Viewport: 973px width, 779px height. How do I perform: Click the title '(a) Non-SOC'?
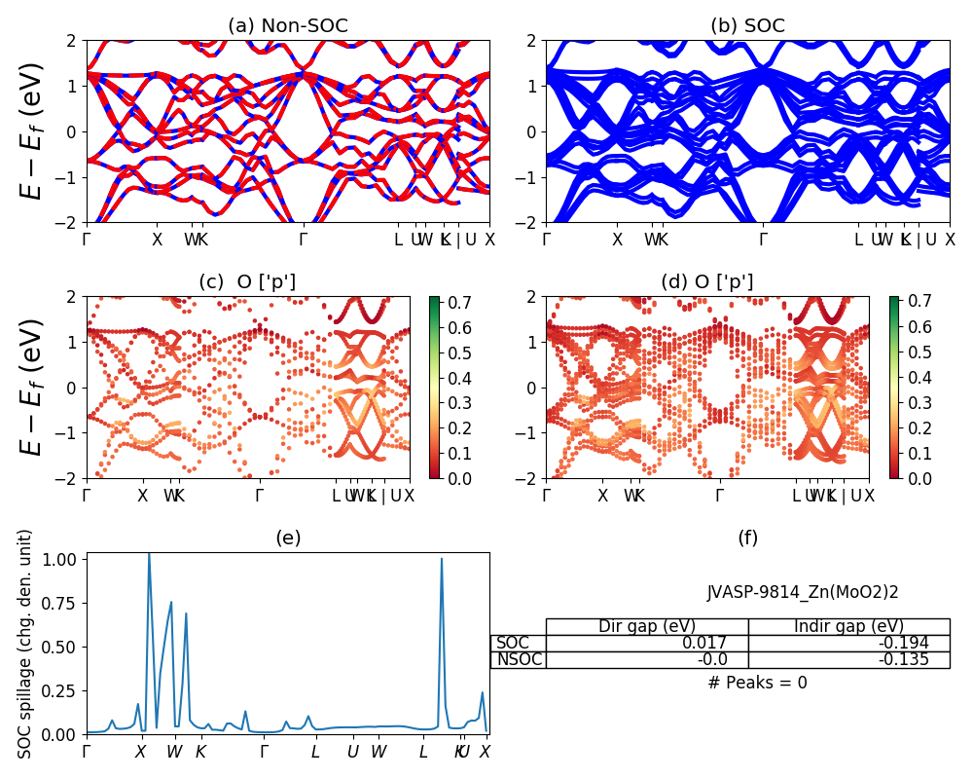click(287, 26)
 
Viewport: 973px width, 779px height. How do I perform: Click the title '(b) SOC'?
click(747, 26)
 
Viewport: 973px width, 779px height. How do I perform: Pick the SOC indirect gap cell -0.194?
click(904, 643)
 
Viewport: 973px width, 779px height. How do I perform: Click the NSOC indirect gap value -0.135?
click(904, 659)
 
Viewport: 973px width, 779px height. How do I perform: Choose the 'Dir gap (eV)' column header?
click(646, 626)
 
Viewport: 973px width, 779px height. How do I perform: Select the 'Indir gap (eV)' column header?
click(848, 626)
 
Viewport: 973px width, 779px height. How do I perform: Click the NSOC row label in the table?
click(519, 659)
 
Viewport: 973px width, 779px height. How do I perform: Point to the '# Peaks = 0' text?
click(757, 683)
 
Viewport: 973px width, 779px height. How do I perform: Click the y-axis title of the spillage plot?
click(25, 643)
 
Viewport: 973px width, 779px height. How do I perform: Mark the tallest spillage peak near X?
click(149, 555)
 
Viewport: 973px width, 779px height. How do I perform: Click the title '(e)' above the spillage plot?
click(288, 538)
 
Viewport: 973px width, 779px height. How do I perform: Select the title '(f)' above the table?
click(747, 538)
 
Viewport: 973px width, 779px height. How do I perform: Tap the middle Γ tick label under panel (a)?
click(304, 240)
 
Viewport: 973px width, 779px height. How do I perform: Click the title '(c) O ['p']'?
click(247, 282)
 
